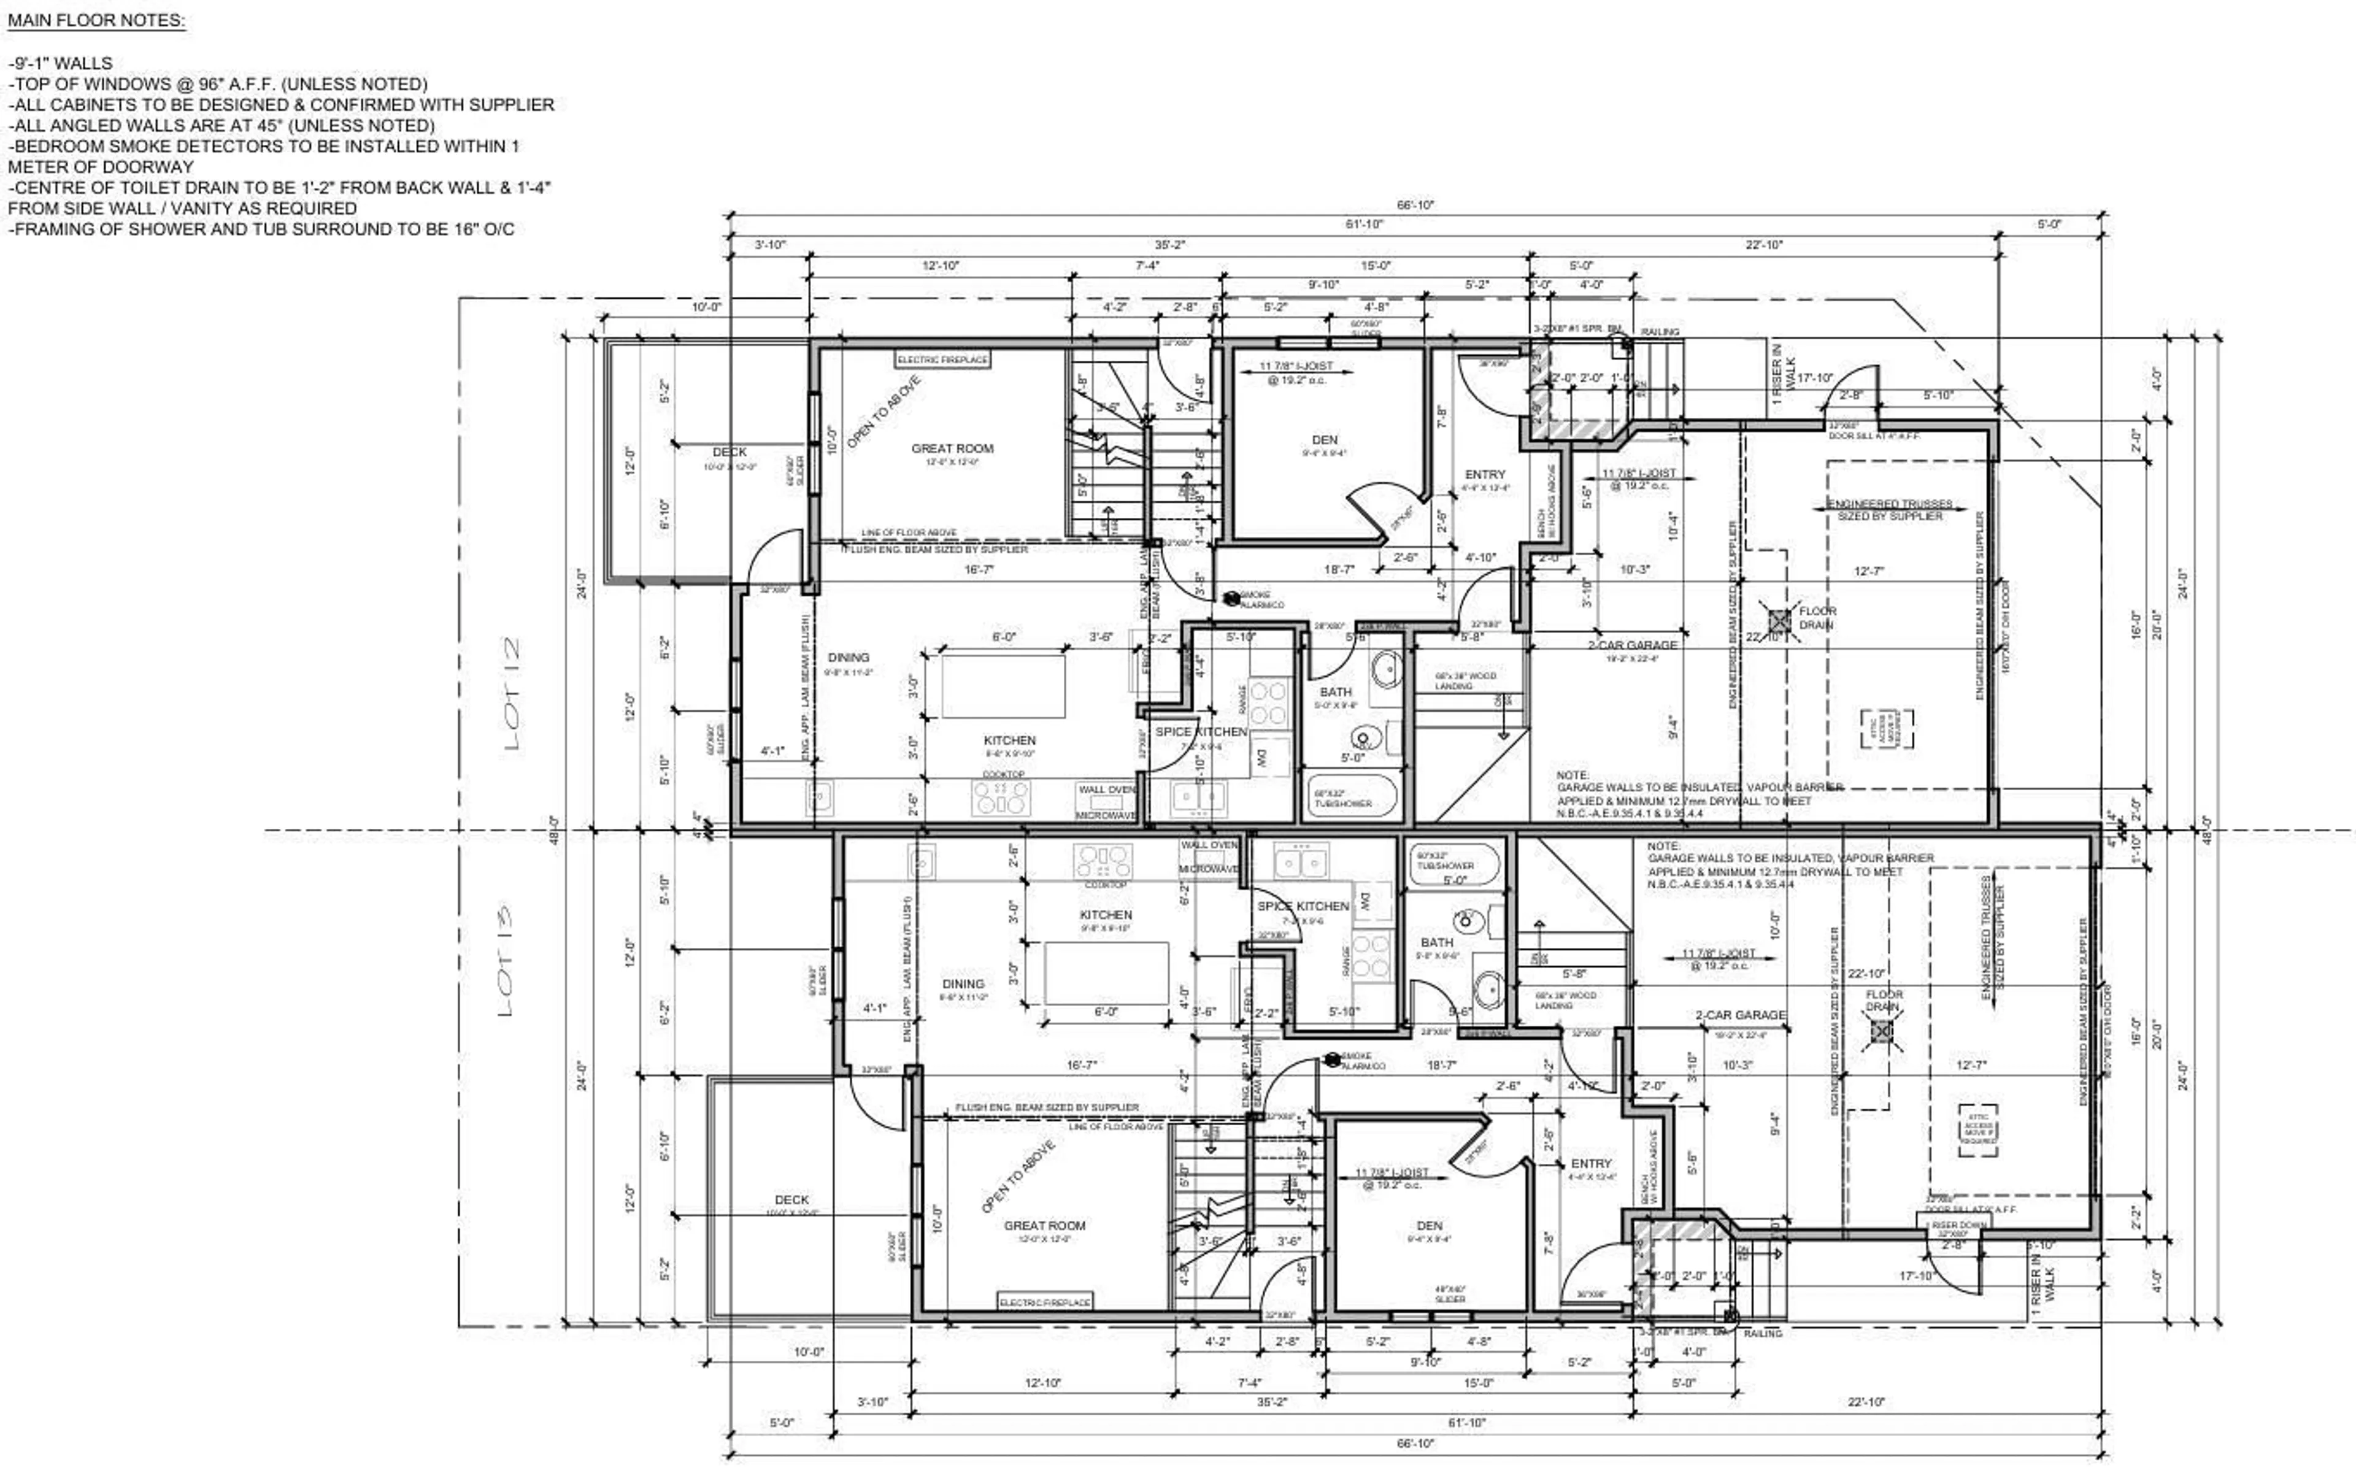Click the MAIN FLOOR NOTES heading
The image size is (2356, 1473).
click(x=96, y=20)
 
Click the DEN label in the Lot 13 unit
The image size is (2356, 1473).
click(x=1428, y=1226)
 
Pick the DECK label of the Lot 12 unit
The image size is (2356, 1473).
click(x=729, y=452)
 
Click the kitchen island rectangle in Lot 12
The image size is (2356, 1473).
click(x=1003, y=686)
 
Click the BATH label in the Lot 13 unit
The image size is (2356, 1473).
click(x=1436, y=942)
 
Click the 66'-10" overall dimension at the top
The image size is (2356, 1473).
click(x=1415, y=206)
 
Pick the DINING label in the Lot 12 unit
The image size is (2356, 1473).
click(x=848, y=658)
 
